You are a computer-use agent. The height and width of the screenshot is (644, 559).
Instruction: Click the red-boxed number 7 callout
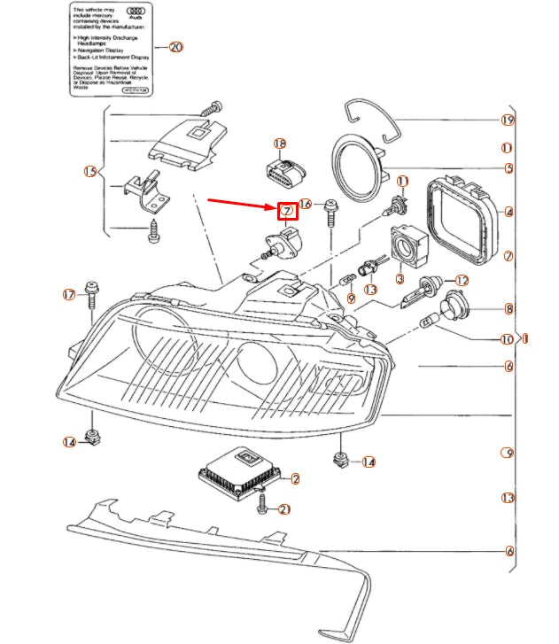288,211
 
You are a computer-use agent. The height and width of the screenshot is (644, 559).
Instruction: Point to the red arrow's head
275,208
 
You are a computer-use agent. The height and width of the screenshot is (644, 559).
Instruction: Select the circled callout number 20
175,46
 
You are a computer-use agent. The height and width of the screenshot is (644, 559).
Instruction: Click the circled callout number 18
280,144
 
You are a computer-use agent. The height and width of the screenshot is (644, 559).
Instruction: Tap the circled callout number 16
307,204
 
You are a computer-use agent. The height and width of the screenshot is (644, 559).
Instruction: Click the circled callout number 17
69,294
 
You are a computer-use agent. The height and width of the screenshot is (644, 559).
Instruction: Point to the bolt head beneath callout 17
90,287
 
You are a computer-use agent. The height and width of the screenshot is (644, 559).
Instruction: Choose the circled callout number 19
508,120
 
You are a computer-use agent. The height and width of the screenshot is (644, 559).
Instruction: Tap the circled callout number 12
462,280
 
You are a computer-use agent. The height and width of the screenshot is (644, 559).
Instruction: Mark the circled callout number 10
506,339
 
